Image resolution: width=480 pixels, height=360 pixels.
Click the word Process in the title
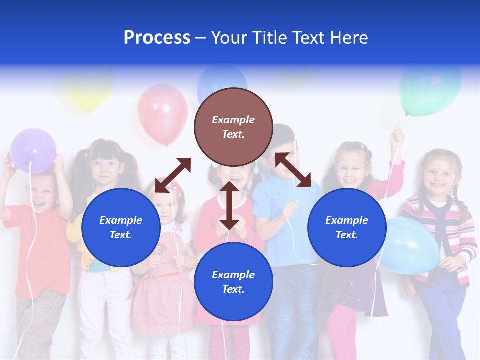157,38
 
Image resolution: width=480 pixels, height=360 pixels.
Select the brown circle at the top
233,127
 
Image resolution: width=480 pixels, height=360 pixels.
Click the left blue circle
121,227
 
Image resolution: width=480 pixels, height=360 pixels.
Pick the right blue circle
347,227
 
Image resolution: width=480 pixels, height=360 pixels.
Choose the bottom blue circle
233,282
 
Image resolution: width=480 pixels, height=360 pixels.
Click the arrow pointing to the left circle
173,175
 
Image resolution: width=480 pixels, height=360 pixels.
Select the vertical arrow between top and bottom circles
229,205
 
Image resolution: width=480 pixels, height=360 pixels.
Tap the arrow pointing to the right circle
293,170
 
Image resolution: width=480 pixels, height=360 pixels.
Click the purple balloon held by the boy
33,150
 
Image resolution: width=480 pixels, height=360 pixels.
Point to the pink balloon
162,114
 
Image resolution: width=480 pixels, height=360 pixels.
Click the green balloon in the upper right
430,90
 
